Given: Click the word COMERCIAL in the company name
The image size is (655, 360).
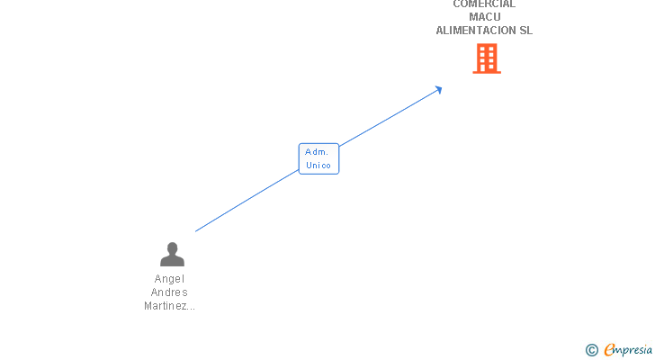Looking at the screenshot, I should pyautogui.click(x=484, y=4).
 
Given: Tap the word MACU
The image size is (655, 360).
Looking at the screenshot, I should pyautogui.click(x=484, y=17).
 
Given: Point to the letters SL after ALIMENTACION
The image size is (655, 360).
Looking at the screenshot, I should pyautogui.click(x=525, y=30).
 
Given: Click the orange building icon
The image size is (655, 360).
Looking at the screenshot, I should pyautogui.click(x=487, y=58).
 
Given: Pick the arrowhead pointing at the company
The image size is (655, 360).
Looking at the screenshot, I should pyautogui.click(x=437, y=89).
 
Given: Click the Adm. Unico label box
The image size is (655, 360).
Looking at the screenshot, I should pyautogui.click(x=319, y=158).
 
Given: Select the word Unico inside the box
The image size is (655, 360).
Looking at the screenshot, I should pyautogui.click(x=319, y=166).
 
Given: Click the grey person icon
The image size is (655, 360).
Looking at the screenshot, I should pyautogui.click(x=172, y=255).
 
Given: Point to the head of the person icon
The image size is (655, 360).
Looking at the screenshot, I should pyautogui.click(x=172, y=248).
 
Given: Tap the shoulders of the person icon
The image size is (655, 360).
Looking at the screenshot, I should pyautogui.click(x=172, y=262).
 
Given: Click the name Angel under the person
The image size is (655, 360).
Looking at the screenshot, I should pyautogui.click(x=169, y=279).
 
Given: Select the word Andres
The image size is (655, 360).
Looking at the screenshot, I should pyautogui.click(x=169, y=292).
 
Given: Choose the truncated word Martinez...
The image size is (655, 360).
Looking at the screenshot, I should pyautogui.click(x=169, y=306).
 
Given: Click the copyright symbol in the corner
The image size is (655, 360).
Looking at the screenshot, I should pyautogui.click(x=592, y=350).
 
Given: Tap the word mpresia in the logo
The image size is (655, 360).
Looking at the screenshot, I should pyautogui.click(x=635, y=350).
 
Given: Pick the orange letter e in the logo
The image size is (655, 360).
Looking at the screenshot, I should pyautogui.click(x=610, y=351).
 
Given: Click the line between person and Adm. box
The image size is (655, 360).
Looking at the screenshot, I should pyautogui.click(x=247, y=201).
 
